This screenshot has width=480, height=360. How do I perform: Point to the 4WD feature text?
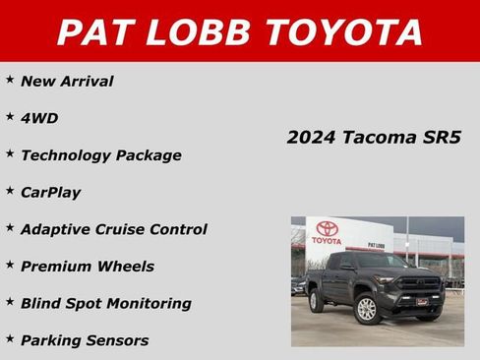39,118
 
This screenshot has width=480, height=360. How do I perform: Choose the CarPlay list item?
50,192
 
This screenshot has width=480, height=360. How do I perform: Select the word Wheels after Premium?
126,266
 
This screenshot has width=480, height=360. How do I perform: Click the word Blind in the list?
42,303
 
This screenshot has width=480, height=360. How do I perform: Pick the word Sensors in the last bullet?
116,340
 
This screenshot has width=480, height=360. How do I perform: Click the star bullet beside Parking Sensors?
10,338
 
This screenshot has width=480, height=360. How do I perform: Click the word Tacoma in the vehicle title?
379,138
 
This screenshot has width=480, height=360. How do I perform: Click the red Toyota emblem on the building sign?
327,229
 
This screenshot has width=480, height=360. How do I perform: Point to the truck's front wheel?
365,309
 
